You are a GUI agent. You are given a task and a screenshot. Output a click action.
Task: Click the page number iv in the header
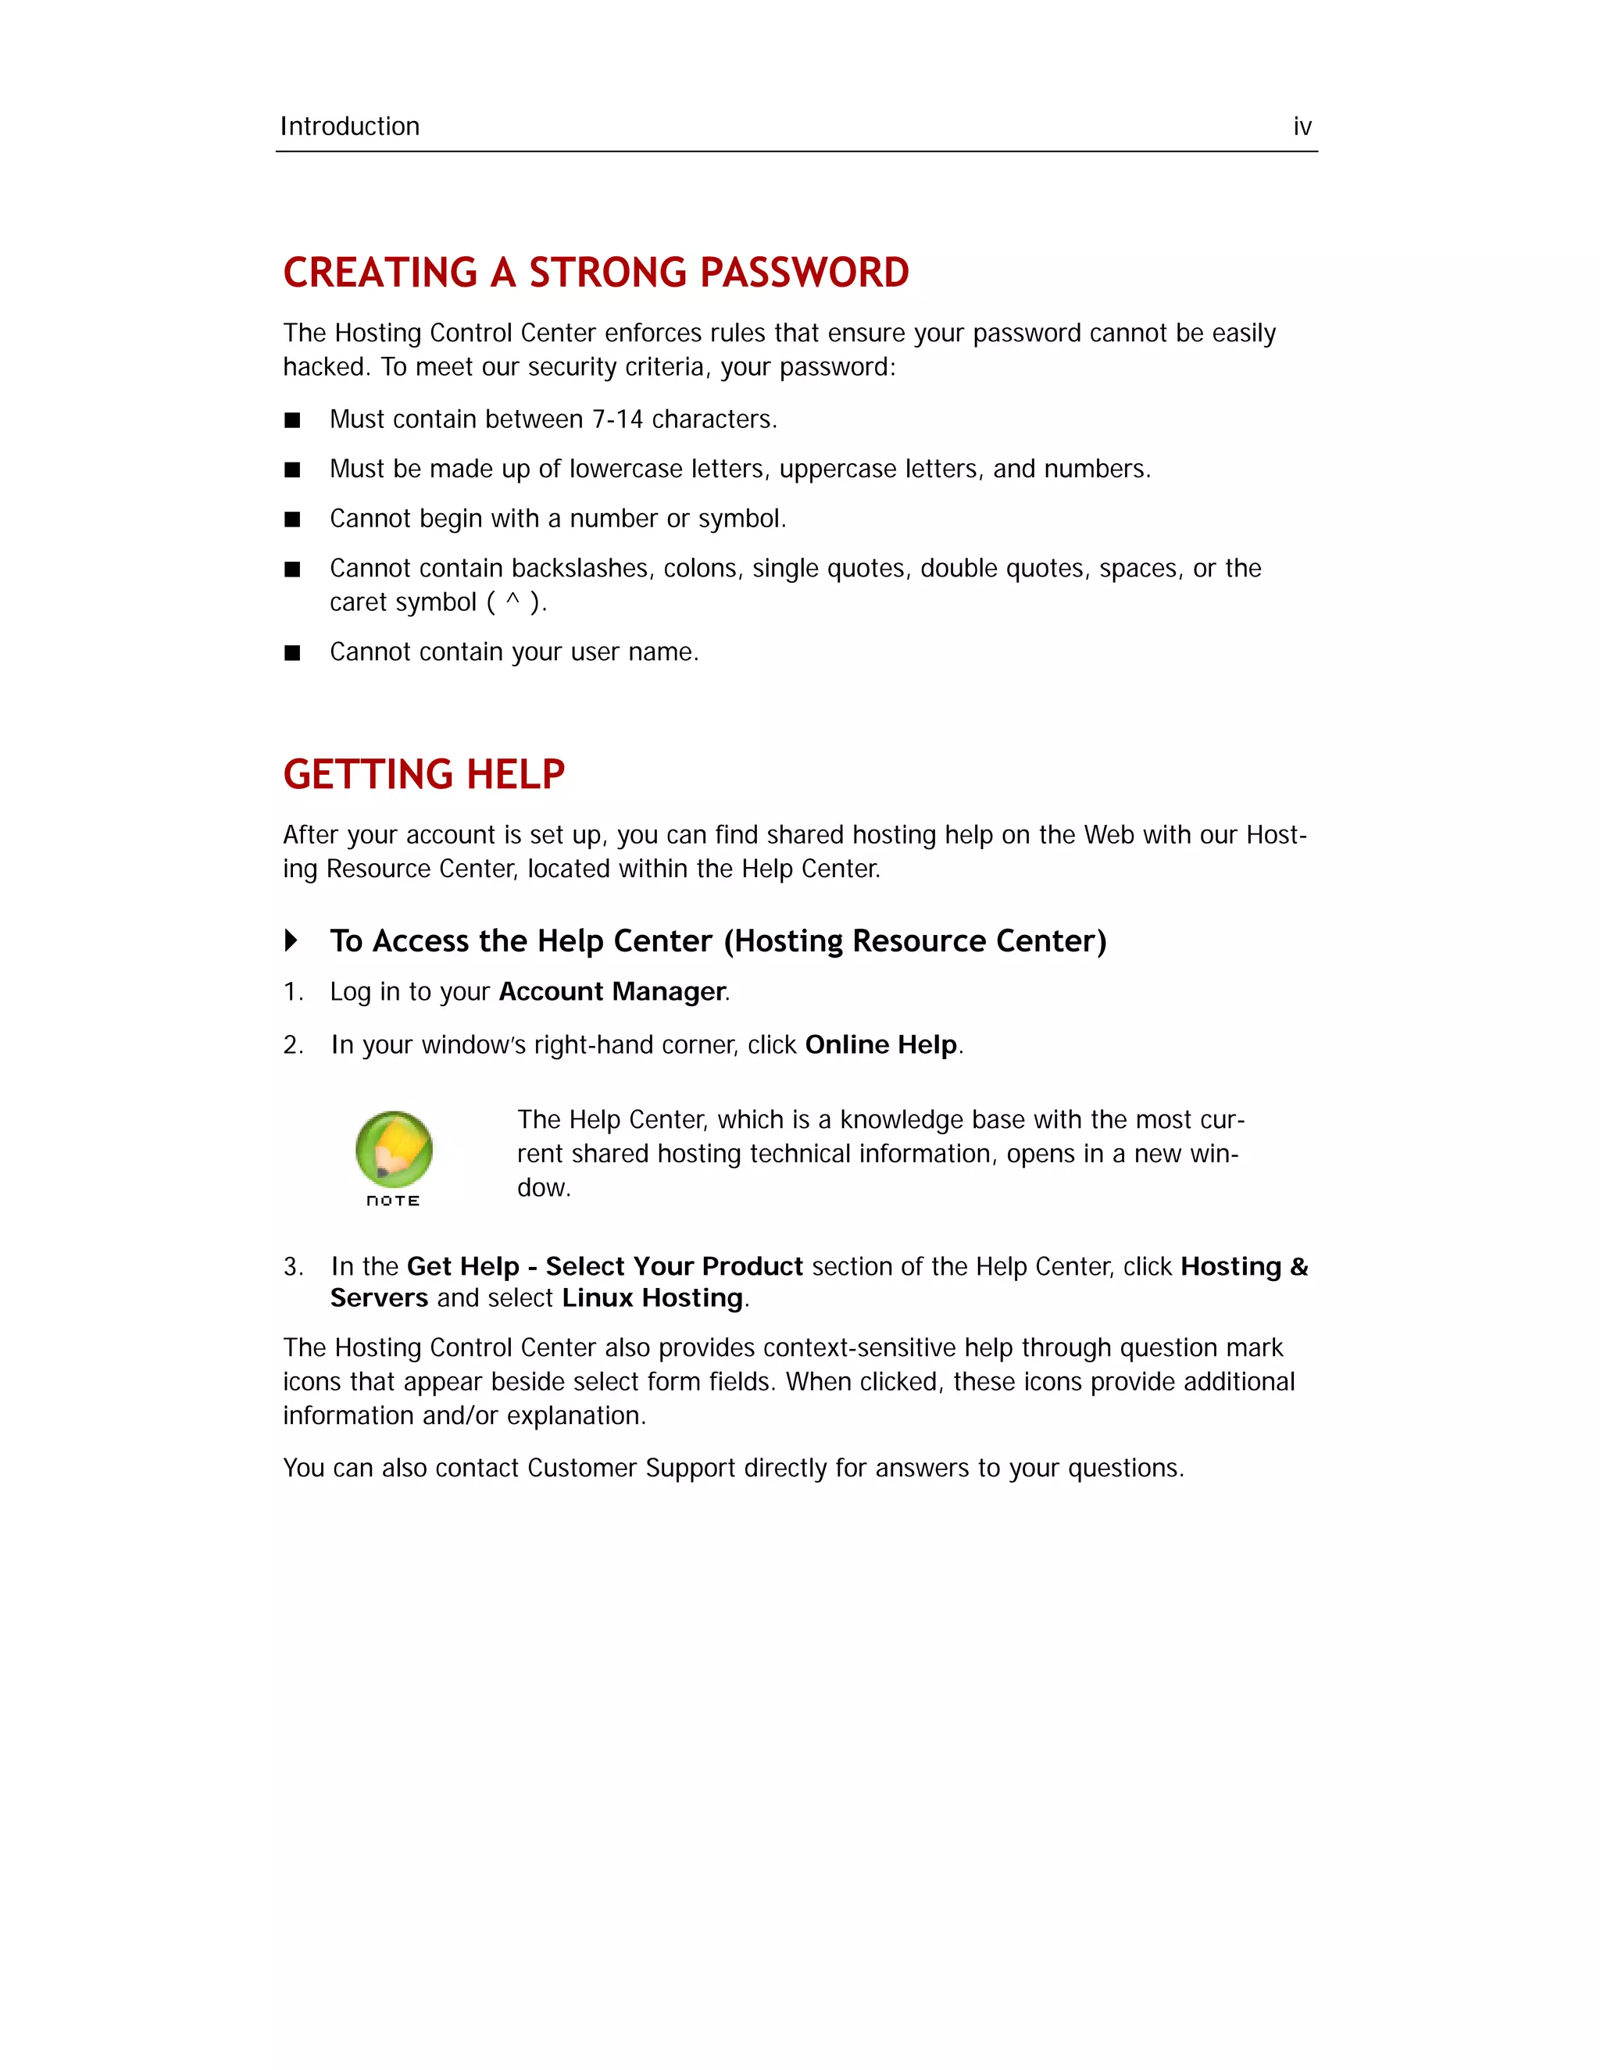[1302, 127]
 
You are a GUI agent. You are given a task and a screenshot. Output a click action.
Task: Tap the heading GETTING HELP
[423, 774]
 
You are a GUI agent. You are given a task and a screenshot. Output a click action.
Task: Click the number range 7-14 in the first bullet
[617, 420]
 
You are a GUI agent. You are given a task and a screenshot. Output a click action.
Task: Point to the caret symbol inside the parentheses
[512, 601]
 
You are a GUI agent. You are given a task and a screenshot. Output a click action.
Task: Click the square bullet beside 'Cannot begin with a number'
[293, 519]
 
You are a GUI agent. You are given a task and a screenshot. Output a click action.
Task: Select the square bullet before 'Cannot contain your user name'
[293, 653]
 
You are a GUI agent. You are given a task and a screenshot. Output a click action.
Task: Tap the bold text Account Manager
[612, 991]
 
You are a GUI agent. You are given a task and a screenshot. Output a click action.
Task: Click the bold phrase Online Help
[880, 1044]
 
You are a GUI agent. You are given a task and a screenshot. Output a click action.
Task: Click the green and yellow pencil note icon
[395, 1149]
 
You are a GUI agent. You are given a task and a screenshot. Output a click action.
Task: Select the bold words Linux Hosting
[652, 1297]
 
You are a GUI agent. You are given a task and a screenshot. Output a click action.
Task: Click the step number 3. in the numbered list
[293, 1267]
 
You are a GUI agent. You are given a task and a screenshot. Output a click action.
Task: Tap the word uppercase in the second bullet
[837, 469]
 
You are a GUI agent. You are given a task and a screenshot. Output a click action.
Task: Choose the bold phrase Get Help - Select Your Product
[605, 1267]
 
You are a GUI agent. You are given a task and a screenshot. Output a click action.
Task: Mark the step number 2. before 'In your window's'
[293, 1045]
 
